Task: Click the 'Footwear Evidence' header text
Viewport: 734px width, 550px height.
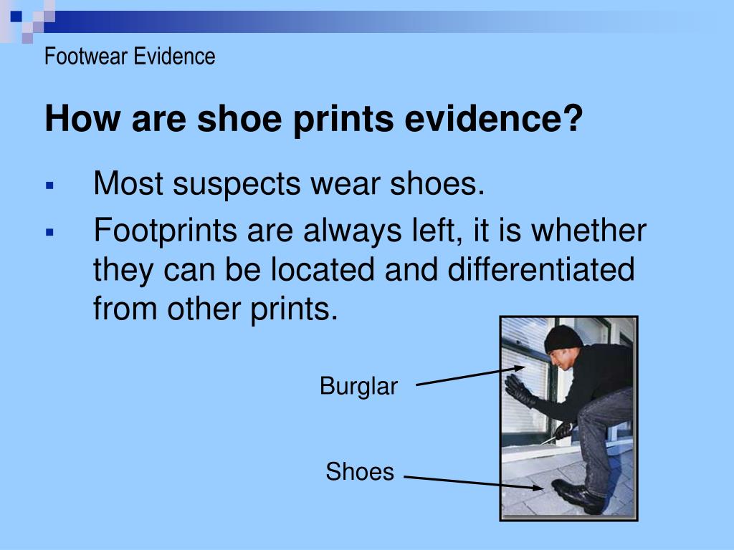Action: click(x=130, y=56)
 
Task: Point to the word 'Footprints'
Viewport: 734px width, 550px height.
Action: click(x=166, y=231)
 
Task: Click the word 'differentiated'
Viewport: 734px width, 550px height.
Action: click(x=543, y=271)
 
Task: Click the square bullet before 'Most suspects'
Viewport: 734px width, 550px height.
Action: click(x=50, y=185)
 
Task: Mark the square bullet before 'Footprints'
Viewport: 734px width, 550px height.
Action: click(x=50, y=232)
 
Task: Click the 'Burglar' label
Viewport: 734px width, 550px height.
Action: click(x=358, y=387)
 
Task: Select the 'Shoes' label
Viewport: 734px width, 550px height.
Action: click(x=360, y=472)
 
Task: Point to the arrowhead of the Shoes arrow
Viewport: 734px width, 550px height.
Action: click(x=540, y=488)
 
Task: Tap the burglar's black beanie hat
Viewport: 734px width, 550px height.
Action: click(x=563, y=339)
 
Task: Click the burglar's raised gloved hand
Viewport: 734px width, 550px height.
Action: click(x=518, y=389)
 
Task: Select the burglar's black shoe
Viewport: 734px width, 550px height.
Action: click(x=578, y=495)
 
